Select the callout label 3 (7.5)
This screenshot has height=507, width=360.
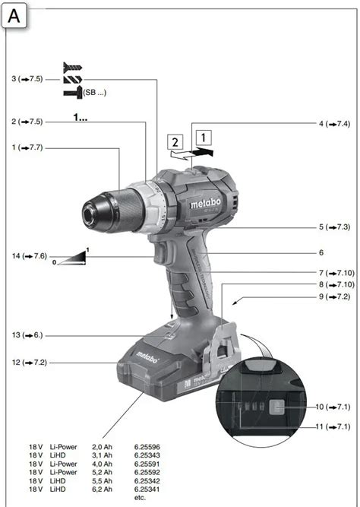tap(27, 79)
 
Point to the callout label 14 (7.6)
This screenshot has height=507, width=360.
tap(28, 256)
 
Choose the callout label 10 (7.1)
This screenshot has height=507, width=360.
tap(334, 407)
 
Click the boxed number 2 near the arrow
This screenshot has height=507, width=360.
tap(175, 142)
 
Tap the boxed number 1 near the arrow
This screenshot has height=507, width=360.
tap(202, 137)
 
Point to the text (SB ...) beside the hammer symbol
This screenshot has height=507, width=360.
tap(95, 91)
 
